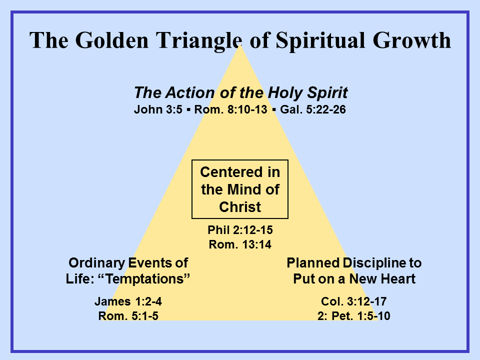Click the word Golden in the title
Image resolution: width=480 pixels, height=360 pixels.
point(111,40)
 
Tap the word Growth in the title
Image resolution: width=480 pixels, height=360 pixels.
point(411,40)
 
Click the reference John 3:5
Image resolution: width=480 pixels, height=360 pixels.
point(158,109)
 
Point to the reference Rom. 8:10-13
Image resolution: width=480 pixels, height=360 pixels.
point(231,109)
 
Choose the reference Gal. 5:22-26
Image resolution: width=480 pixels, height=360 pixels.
point(313,109)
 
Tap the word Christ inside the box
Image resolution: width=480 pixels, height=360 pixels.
point(240,207)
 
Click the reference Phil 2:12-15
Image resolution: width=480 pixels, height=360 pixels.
point(240,230)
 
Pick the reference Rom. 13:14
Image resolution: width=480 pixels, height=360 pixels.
point(240,244)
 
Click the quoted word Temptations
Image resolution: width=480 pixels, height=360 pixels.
point(144,279)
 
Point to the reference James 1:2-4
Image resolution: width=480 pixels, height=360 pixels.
point(128,301)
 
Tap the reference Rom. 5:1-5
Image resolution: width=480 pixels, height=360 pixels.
point(128,316)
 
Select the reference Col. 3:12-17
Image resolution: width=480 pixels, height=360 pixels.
point(353,301)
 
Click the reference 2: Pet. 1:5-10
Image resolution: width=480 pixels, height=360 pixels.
point(353,316)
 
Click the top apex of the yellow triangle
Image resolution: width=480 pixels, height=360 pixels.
point(240,44)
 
